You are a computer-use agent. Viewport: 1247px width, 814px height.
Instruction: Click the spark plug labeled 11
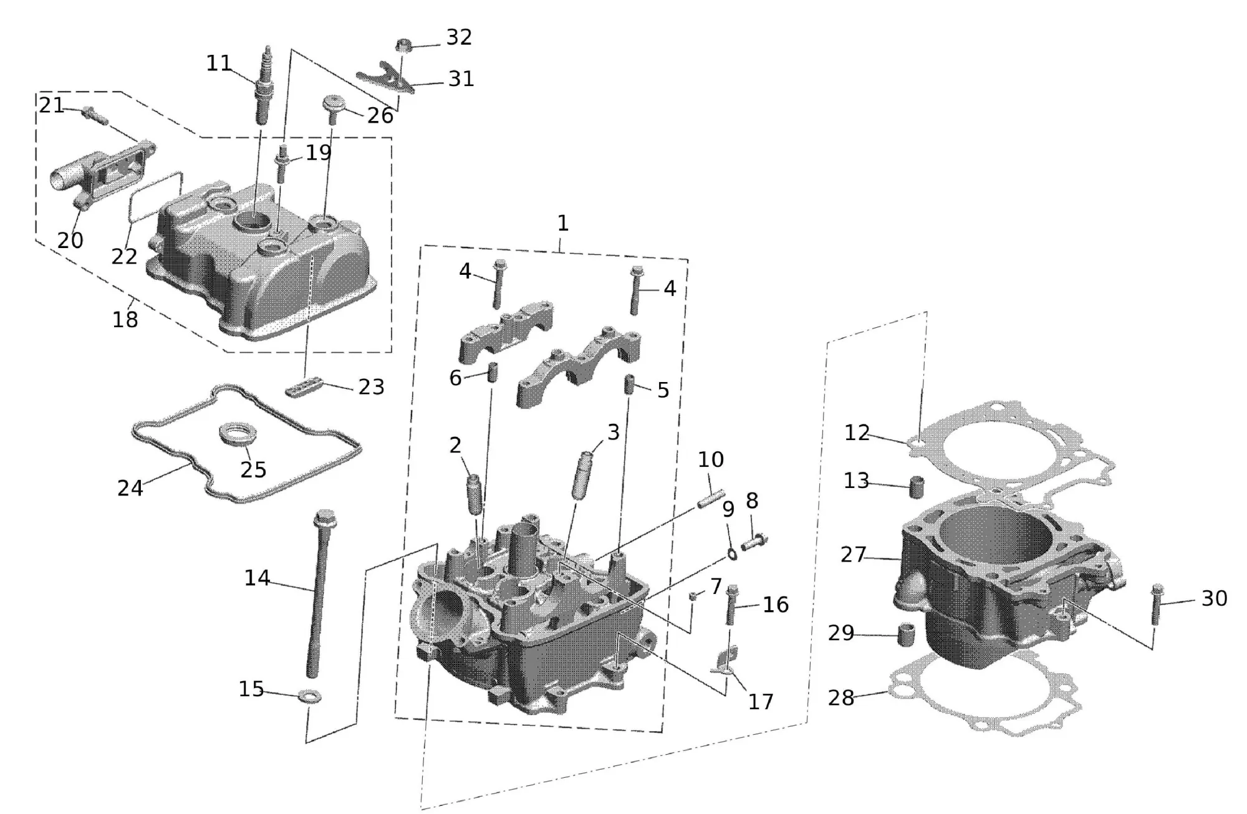pyautogui.click(x=265, y=87)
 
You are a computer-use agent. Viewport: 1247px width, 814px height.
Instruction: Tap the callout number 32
pyautogui.click(x=459, y=37)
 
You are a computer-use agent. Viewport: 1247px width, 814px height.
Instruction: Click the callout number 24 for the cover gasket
pyautogui.click(x=130, y=488)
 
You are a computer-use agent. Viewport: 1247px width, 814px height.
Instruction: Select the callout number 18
pyautogui.click(x=125, y=320)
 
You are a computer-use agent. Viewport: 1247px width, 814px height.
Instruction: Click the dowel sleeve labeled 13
pyautogui.click(x=917, y=486)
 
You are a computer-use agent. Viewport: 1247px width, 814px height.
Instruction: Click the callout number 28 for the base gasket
pyautogui.click(x=840, y=697)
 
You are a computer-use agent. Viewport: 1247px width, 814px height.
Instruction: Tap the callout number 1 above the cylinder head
pyautogui.click(x=562, y=223)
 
